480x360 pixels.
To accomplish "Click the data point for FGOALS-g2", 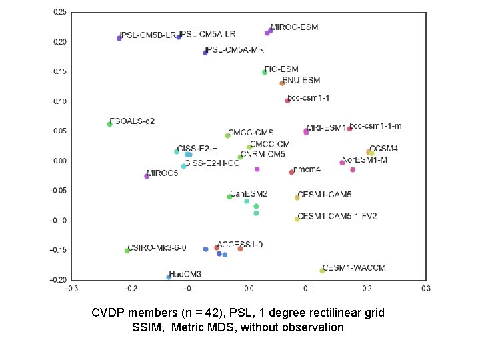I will (110, 124).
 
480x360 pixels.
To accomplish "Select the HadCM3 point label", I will (185, 274).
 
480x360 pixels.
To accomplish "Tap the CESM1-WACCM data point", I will (323, 271).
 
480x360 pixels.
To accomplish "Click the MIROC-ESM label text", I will (294, 27).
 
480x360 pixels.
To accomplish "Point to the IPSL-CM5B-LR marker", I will (119, 38).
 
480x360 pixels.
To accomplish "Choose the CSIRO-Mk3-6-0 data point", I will (127, 251).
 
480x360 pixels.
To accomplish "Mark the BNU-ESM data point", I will (282, 83).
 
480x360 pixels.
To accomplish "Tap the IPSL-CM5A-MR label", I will (234, 50).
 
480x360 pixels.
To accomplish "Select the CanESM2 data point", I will (229, 197).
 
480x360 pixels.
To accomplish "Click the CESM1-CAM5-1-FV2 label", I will (337, 217).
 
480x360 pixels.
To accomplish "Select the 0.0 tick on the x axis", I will (249, 289).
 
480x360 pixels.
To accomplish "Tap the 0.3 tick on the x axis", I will (425, 289).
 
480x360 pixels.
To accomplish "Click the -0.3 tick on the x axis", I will (71, 289).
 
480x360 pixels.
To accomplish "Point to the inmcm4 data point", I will (291, 172).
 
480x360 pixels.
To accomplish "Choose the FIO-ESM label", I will (281, 69).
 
